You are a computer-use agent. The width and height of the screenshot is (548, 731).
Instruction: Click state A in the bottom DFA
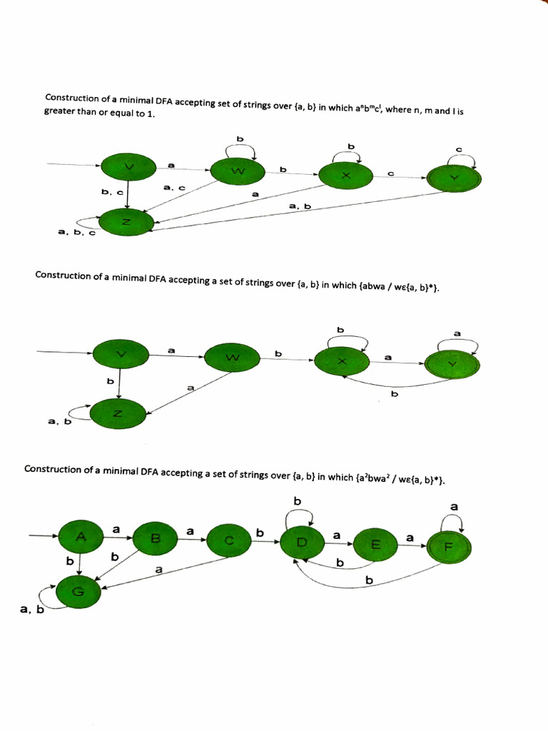point(81,535)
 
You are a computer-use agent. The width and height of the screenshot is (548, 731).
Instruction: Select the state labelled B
point(155,538)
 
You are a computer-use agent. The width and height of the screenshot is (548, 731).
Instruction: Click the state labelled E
point(375,545)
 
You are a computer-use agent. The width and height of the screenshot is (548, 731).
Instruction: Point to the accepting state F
point(449,548)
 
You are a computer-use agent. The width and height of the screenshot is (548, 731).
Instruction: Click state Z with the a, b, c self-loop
point(126,223)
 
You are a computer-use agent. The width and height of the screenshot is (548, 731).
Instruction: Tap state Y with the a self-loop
point(452,363)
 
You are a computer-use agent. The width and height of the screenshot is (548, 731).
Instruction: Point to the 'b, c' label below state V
point(112,192)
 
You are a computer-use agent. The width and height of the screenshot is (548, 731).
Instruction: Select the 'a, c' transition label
point(174,188)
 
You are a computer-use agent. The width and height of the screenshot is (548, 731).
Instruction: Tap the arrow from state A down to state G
point(78,564)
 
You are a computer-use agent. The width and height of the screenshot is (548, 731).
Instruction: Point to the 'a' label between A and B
point(116,528)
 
